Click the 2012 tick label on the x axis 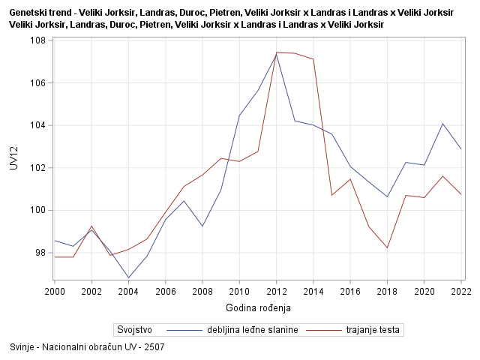tap(276, 291)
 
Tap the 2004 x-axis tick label tap(128, 291)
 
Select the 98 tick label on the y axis tap(40, 253)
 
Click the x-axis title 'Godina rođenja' tap(258, 307)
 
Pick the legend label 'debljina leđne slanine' tap(253, 329)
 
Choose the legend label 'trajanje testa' tap(373, 329)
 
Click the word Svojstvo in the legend tap(134, 329)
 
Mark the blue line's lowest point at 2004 tap(128, 277)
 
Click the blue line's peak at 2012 tap(276, 54)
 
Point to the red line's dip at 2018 tap(387, 248)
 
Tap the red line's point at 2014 tap(313, 59)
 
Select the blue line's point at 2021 tap(442, 123)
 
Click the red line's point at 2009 tap(220, 158)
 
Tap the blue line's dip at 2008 tap(202, 226)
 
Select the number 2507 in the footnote tap(154, 347)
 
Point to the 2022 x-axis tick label tap(460, 291)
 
